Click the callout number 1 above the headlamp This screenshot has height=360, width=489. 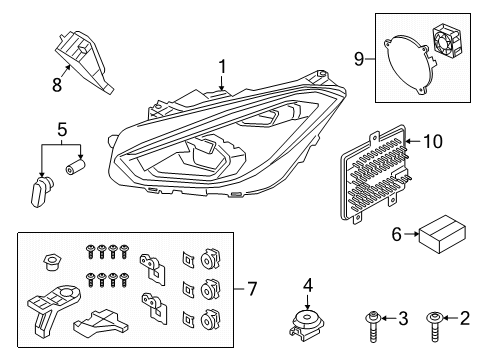[223, 67]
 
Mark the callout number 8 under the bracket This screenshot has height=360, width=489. [58, 85]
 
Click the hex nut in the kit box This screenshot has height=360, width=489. [47, 262]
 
